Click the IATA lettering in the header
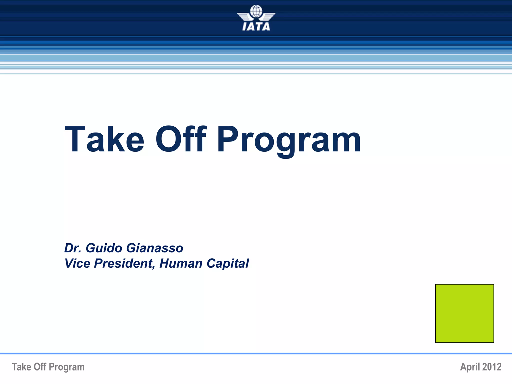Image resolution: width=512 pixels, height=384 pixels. click(x=256, y=26)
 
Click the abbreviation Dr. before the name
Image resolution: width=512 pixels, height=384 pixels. click(x=73, y=248)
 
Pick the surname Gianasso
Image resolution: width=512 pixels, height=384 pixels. click(x=155, y=248)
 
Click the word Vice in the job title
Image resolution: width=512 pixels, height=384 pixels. click(x=77, y=263)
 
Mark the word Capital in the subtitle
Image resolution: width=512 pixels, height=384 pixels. click(x=228, y=263)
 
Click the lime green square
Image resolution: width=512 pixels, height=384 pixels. click(x=464, y=313)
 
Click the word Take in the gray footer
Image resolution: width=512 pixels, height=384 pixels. click(x=21, y=367)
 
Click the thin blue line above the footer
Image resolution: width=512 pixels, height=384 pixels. click(x=256, y=353)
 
